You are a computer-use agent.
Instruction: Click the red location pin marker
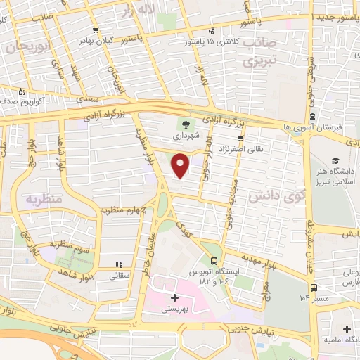point(181,167)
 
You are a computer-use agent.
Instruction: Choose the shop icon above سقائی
point(120,264)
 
